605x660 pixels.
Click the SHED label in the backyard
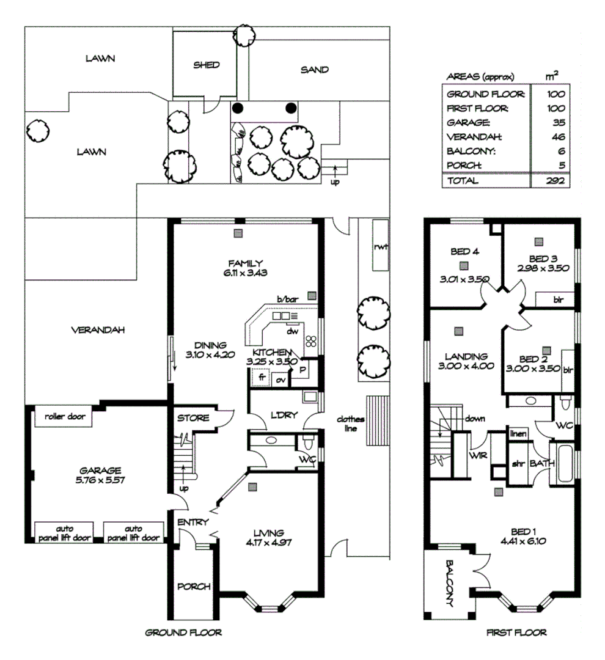coord(206,65)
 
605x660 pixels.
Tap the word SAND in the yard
coord(314,70)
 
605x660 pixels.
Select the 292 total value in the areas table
coord(555,181)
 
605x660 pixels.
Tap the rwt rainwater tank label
coord(382,247)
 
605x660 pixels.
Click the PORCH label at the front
coord(193,587)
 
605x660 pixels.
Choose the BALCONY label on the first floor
coord(449,583)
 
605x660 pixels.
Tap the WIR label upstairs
coord(477,455)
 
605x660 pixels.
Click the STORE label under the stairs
coord(193,419)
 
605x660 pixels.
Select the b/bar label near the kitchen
coord(287,299)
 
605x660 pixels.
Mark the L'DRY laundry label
coord(284,416)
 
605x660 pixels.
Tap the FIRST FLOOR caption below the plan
coord(516,632)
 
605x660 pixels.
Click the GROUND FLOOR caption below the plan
coord(183,632)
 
